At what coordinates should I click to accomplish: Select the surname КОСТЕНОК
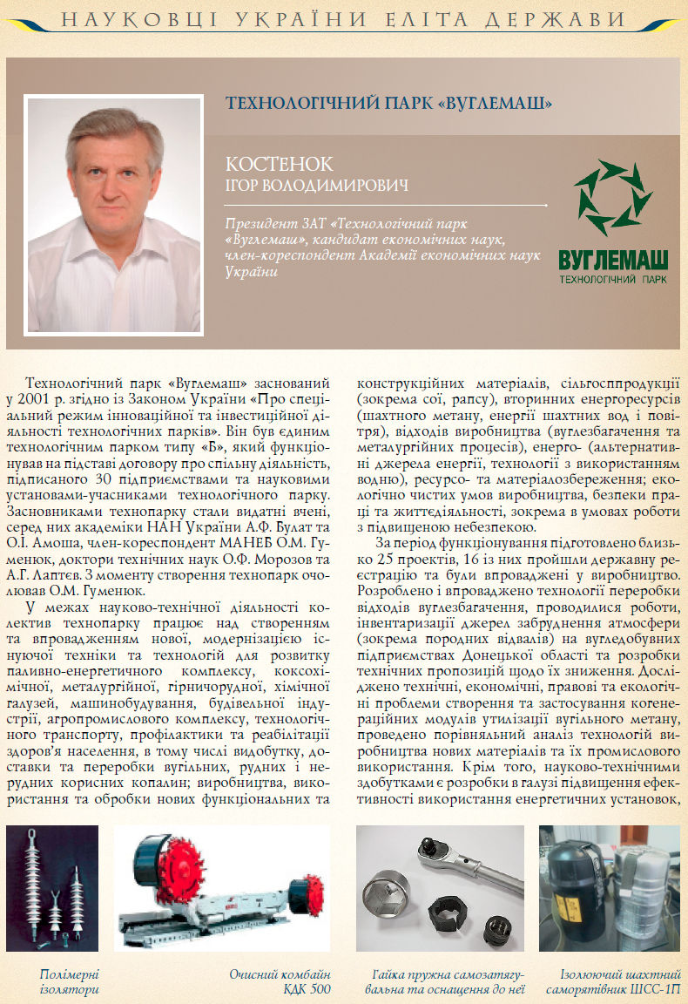pyautogui.click(x=279, y=165)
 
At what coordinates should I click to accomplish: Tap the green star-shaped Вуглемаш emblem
pyautogui.click(x=612, y=198)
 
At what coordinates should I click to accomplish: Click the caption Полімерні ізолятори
pyautogui.click(x=70, y=980)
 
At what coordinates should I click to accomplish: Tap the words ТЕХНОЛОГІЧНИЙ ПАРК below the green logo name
pyautogui.click(x=613, y=280)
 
